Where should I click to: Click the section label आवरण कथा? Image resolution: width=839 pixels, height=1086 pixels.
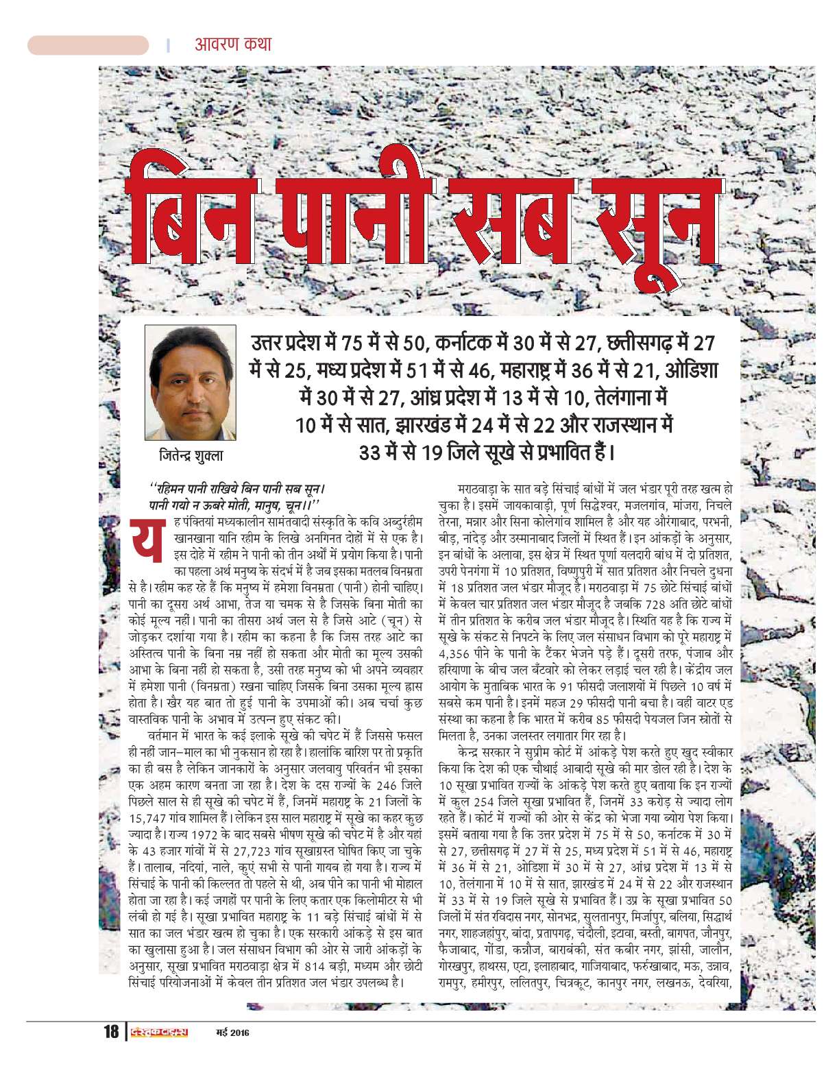[x=233, y=45]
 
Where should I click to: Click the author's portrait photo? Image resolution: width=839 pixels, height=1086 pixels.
[x=190, y=383]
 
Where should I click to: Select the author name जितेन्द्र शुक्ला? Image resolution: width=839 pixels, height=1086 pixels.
[x=191, y=455]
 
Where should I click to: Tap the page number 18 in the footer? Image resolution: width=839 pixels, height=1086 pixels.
[x=111, y=1032]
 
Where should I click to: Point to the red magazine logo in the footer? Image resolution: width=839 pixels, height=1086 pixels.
[x=158, y=1032]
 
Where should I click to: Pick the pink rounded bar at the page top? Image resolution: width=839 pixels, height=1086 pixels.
[x=88, y=45]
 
